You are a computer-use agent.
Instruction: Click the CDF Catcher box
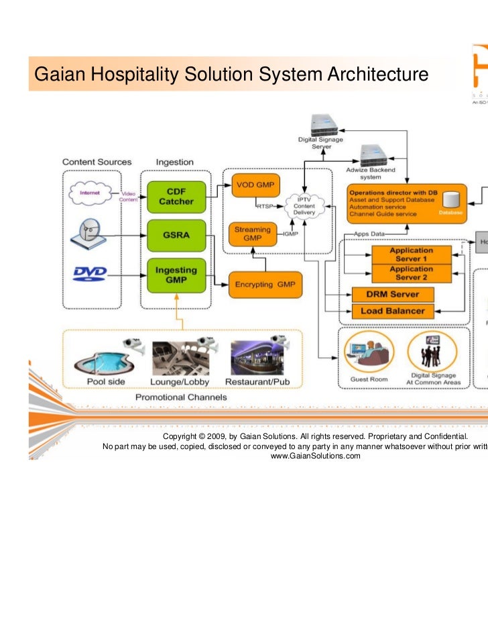click(176, 196)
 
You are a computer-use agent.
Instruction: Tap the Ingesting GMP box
click(176, 275)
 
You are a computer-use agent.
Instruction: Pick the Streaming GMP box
click(252, 234)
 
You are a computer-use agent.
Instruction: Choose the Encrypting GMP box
click(265, 285)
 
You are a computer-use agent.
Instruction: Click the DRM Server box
click(393, 294)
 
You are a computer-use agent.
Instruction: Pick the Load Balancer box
click(393, 311)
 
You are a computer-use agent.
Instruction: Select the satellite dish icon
click(89, 233)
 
